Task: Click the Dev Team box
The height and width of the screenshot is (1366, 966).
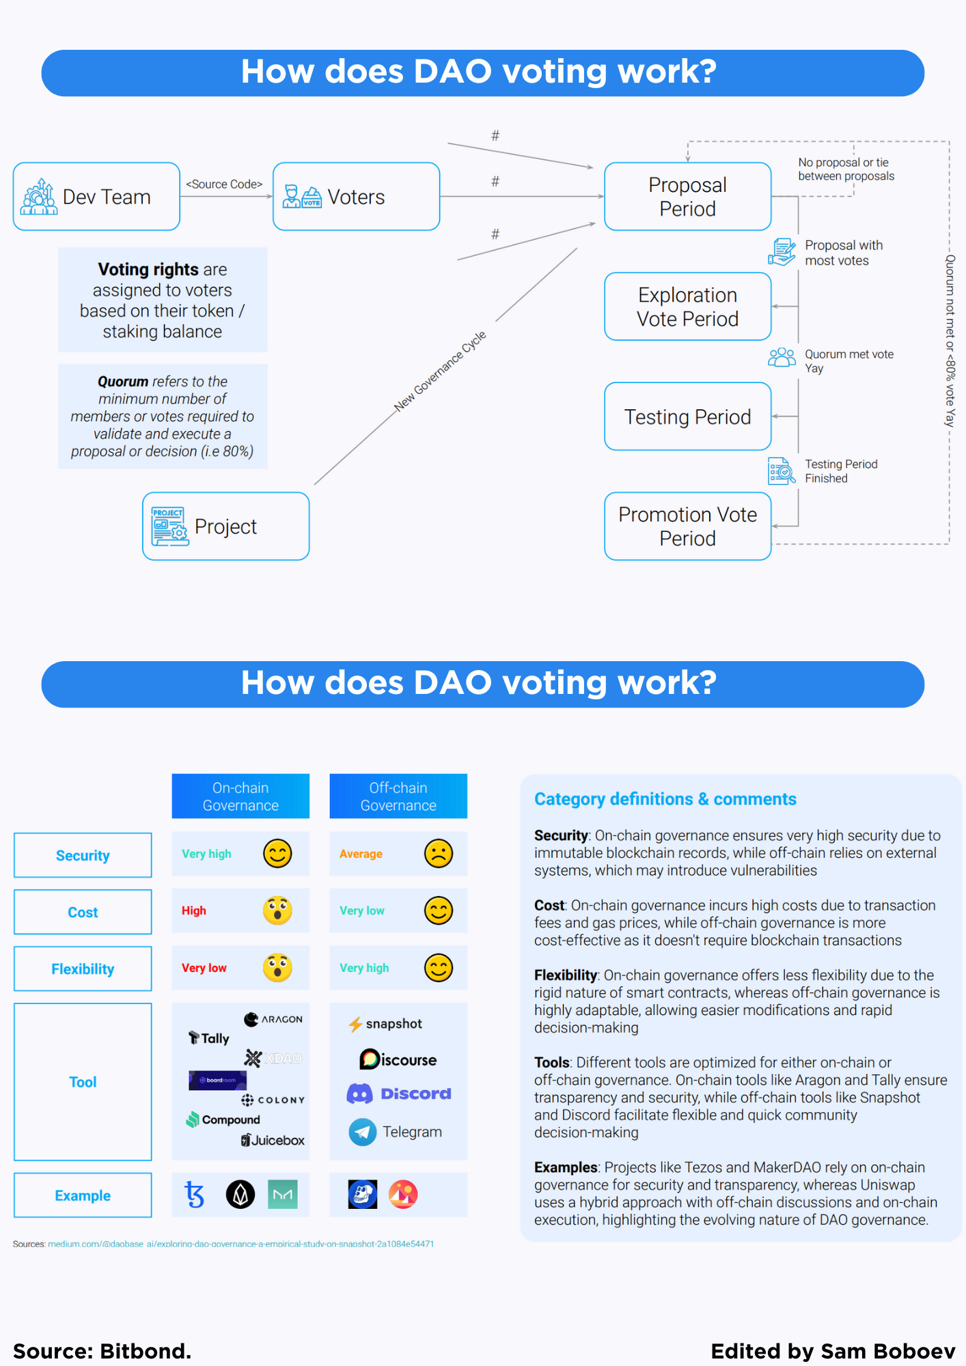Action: click(96, 197)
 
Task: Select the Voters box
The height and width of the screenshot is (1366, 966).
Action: click(356, 197)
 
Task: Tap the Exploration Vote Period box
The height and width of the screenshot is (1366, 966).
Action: click(687, 307)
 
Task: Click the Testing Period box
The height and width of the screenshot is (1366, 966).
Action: click(687, 417)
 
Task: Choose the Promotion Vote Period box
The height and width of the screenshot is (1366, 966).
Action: click(687, 527)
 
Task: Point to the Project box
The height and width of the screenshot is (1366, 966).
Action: click(225, 527)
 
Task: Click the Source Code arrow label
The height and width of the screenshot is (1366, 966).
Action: click(224, 184)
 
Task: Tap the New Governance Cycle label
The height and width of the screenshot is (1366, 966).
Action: click(440, 372)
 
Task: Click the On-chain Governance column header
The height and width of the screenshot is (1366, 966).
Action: click(240, 796)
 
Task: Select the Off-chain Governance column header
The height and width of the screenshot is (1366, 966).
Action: click(398, 796)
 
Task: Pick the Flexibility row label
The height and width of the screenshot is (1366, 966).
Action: click(83, 968)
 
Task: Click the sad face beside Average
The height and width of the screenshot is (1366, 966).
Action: click(439, 854)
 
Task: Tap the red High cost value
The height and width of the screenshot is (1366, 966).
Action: click(194, 910)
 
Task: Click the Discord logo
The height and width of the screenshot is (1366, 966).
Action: click(399, 1093)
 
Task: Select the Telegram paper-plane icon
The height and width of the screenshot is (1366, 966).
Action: click(363, 1132)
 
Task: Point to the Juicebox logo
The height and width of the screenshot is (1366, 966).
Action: click(273, 1140)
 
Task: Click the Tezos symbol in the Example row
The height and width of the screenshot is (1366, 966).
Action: click(195, 1195)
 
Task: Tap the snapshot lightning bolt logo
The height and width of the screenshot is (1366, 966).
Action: click(355, 1024)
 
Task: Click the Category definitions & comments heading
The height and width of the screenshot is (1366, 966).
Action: click(665, 799)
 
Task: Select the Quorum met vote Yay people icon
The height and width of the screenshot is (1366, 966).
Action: click(782, 357)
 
